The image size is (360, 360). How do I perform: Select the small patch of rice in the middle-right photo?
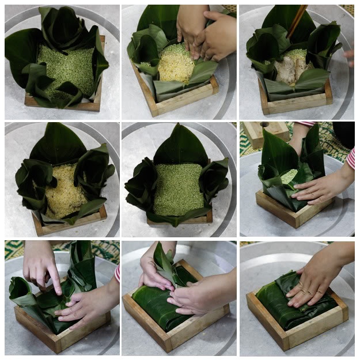click(290, 176)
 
